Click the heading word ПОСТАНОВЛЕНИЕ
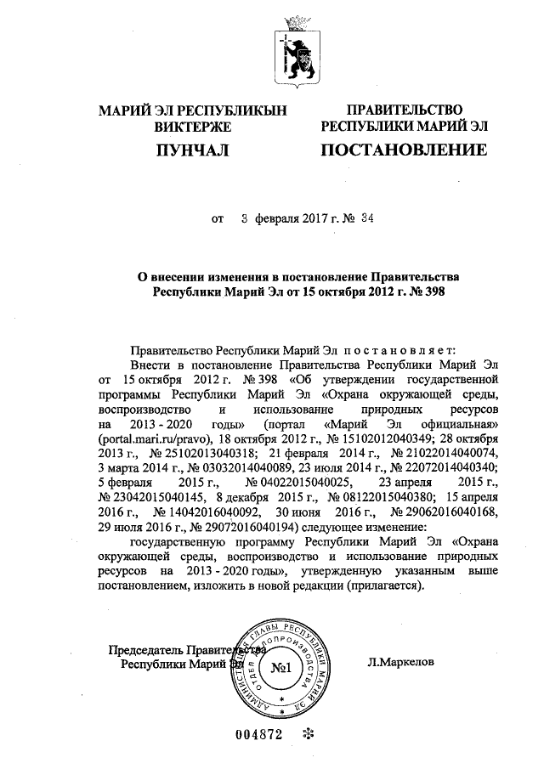point(404,151)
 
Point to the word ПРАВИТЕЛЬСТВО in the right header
point(404,110)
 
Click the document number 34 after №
point(367,218)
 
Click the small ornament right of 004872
point(309,735)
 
